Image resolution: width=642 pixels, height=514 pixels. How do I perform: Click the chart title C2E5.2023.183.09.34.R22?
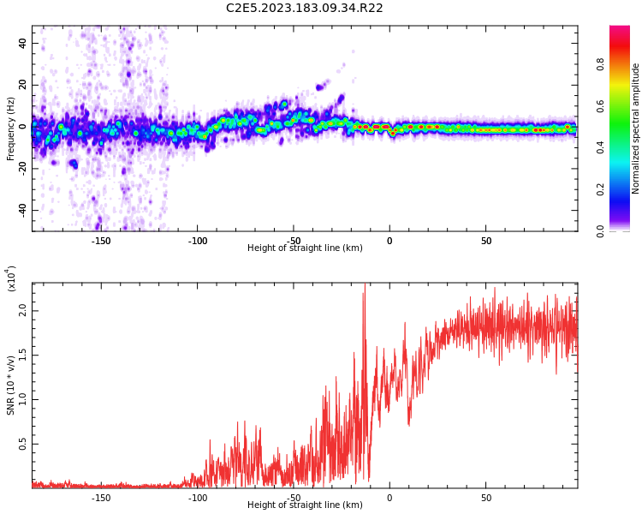point(304,8)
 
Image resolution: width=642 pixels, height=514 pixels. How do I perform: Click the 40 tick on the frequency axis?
point(22,43)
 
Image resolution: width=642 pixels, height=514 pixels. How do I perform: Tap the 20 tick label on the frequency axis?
point(22,85)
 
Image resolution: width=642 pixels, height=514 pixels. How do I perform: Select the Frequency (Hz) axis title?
point(11,128)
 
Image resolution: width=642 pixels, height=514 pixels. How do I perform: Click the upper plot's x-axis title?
point(305,248)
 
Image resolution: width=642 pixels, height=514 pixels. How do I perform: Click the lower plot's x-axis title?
point(305,505)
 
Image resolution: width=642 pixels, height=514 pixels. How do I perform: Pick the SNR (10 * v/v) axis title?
point(11,385)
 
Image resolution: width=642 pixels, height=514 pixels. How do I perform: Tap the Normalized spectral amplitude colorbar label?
point(636,128)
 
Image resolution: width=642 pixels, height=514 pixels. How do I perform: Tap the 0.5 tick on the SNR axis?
point(22,444)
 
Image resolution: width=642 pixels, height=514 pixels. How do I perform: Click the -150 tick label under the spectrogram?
point(101,241)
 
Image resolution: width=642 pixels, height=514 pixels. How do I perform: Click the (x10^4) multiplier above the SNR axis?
point(12,278)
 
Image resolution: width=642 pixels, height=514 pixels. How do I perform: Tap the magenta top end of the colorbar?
point(620,30)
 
